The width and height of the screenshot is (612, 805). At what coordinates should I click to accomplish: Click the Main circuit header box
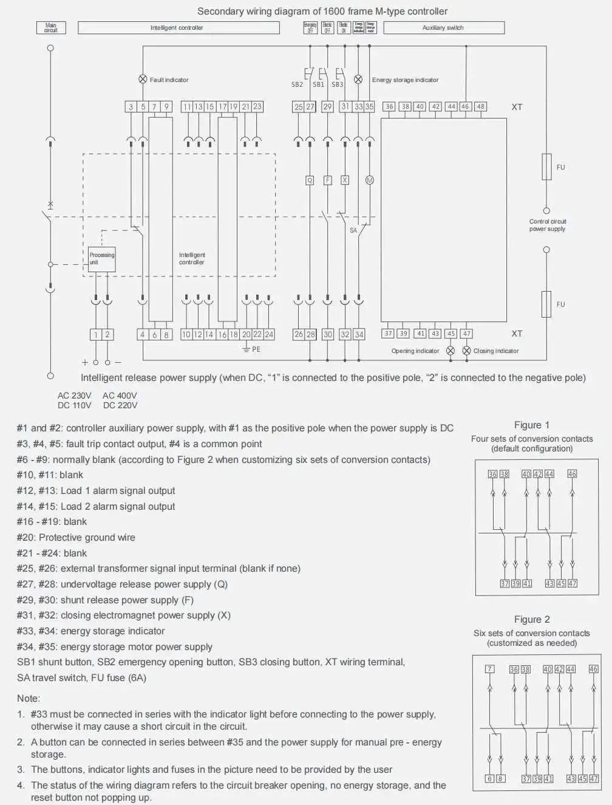point(51,28)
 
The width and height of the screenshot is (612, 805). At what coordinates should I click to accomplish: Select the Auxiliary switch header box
point(444,28)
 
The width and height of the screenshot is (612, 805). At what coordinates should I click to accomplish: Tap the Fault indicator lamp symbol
point(143,80)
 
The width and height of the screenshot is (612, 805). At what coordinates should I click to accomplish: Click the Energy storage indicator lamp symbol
point(358,80)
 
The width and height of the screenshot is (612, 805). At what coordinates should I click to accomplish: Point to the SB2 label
point(297,85)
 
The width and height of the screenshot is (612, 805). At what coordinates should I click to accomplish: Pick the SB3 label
point(337,85)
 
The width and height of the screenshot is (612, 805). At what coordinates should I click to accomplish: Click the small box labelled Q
point(310,180)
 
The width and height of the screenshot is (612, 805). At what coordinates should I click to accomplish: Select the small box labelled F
point(328,180)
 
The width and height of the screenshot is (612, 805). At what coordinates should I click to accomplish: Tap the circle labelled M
point(369,180)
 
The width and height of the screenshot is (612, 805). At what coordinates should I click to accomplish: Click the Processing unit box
point(101,258)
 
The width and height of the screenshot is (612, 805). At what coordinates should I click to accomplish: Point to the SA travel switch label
point(353,230)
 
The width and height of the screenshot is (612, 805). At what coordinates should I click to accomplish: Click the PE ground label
point(256,349)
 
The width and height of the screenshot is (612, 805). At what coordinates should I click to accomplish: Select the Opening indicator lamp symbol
point(450,351)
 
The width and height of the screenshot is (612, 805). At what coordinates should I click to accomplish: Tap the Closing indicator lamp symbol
point(466,351)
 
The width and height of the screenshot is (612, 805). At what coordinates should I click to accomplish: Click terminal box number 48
point(480,106)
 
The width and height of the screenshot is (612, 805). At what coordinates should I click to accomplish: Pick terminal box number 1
point(95,334)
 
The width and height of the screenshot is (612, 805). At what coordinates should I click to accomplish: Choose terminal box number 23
point(257,106)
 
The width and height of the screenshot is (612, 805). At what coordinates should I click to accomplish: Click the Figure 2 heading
point(532,619)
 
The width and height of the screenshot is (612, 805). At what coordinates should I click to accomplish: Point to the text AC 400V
point(120,396)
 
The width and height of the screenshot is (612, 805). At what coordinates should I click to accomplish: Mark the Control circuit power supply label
point(547,225)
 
